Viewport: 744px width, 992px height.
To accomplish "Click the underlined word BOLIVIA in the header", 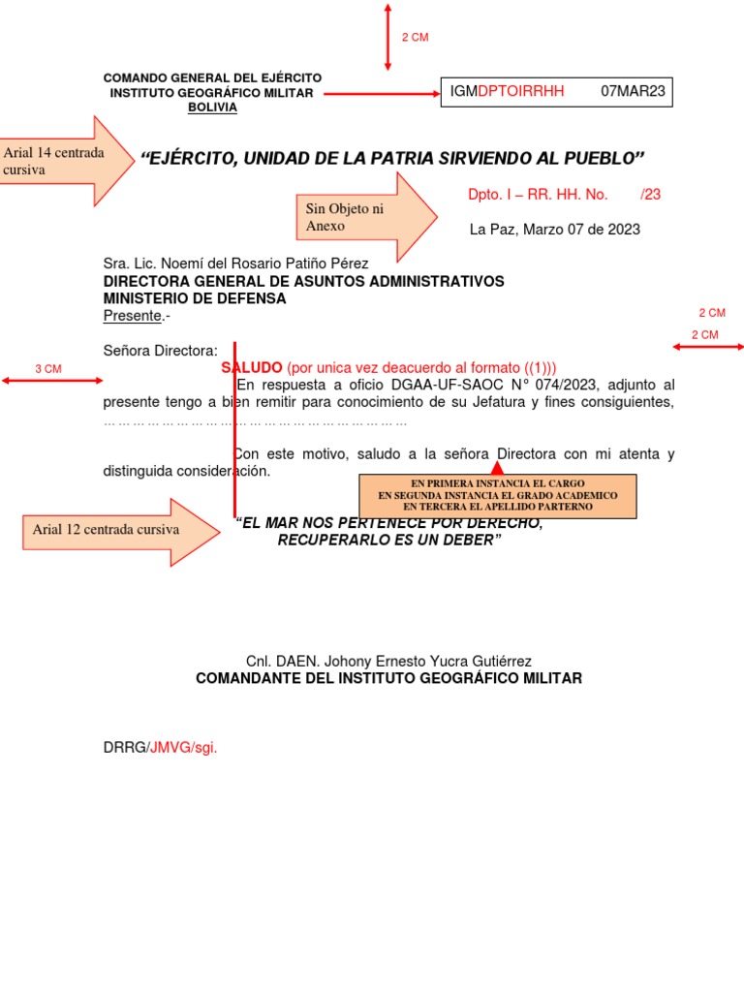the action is click(212, 108).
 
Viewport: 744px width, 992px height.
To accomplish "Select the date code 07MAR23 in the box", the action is click(634, 92).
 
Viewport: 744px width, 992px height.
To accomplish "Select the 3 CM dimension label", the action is click(48, 369).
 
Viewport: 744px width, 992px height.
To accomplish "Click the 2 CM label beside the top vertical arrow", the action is click(415, 37).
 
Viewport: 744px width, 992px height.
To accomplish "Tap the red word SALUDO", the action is click(252, 368).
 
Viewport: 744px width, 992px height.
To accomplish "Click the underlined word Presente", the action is click(132, 316).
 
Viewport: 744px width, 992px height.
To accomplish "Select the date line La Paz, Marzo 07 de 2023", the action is click(554, 230).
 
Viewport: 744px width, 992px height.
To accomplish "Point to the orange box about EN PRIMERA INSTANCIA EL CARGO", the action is click(498, 494).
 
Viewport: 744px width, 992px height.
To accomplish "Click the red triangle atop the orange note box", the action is click(498, 469).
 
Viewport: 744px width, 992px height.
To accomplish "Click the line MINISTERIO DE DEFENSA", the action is click(195, 298).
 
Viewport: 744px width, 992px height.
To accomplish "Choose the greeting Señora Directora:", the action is click(161, 351).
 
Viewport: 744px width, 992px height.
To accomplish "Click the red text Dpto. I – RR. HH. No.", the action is click(538, 195).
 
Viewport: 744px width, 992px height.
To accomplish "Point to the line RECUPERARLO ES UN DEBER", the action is click(389, 540).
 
